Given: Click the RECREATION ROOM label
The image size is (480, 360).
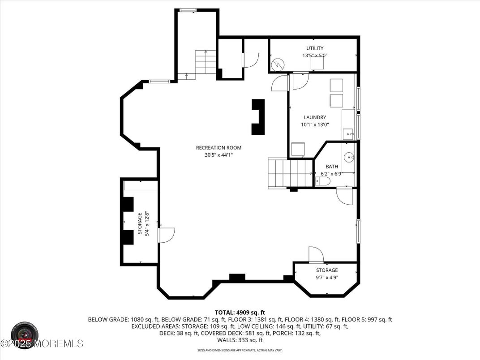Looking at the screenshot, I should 219,148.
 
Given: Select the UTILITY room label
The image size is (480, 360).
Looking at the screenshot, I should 315,48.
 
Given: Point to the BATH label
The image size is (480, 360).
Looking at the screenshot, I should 332,167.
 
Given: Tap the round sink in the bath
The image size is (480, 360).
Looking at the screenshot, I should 349,158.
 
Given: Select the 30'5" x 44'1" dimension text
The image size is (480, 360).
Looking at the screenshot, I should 219,155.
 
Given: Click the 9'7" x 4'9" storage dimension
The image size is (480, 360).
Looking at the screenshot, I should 327,278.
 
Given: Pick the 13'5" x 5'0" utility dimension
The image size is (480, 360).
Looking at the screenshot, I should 315,56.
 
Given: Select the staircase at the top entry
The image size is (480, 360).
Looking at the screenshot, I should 206,62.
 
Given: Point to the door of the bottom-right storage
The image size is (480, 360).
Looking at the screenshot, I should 316,254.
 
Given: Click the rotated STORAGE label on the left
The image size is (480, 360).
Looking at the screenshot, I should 140,223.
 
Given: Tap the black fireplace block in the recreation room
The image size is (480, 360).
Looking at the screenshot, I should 258,117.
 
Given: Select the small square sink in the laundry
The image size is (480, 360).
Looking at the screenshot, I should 348,133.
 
